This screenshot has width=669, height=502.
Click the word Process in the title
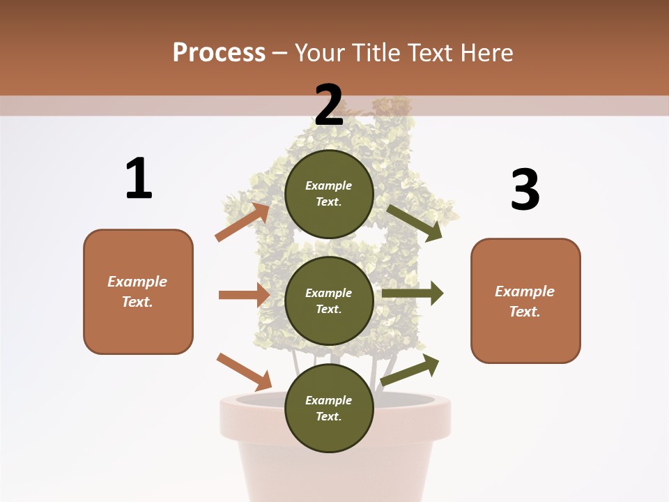click(x=219, y=53)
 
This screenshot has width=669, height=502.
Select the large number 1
click(x=139, y=179)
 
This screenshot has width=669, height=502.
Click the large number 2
click(x=329, y=105)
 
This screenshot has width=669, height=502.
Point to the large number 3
click(x=525, y=190)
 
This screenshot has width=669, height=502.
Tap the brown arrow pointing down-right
click(x=245, y=372)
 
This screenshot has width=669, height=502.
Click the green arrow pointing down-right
click(x=415, y=222)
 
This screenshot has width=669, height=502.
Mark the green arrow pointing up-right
click(x=410, y=370)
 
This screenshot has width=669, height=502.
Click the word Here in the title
click(x=486, y=53)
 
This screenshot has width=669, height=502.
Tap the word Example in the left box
click(x=137, y=282)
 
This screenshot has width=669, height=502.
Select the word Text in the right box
click(x=523, y=312)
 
